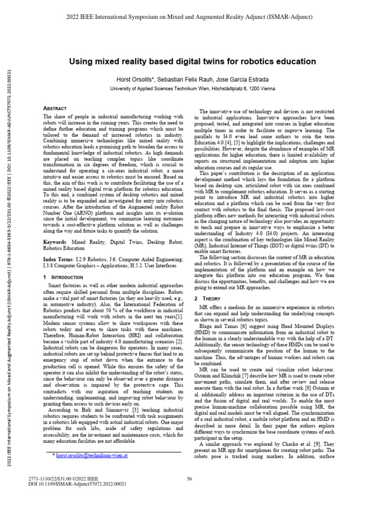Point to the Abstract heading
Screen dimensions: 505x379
56,108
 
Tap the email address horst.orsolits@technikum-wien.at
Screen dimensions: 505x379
93,456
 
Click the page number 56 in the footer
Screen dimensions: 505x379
189,478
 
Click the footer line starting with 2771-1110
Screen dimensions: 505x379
65,479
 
